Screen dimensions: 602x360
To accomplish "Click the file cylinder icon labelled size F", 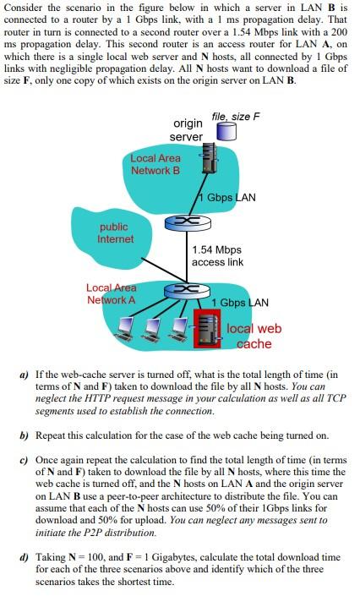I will click(226, 131).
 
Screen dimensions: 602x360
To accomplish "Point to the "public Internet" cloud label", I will click(115, 233).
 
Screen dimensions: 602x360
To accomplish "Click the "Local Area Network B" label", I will click(155, 164).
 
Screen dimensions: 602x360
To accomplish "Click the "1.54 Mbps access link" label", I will click(217, 256).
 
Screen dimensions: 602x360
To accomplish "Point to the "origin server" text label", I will click(186, 131).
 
